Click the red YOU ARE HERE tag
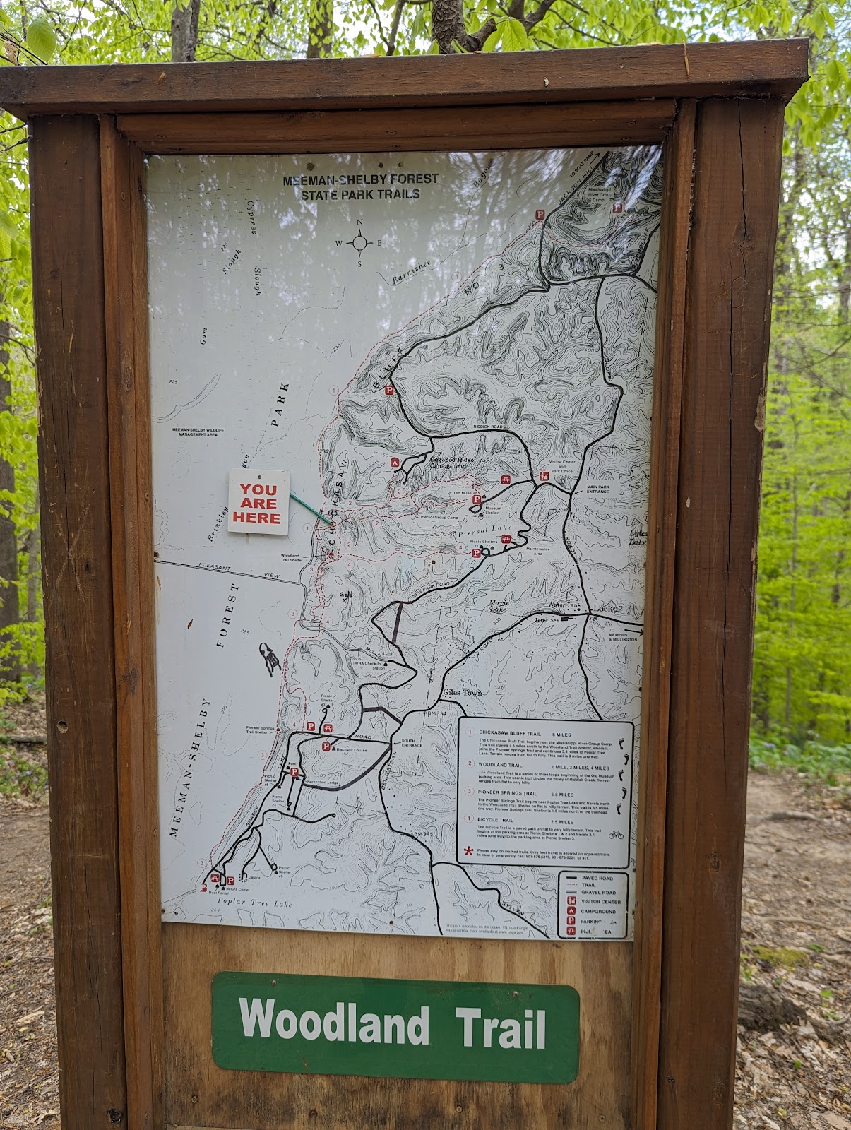click(x=258, y=502)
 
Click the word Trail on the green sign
click(x=501, y=1026)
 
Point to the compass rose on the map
click(x=359, y=244)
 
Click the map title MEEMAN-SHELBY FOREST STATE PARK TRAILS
click(x=360, y=186)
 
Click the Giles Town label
click(x=463, y=692)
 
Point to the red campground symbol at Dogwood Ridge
click(x=395, y=463)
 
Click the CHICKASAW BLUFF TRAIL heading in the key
click(x=510, y=734)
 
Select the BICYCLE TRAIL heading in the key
click(x=496, y=820)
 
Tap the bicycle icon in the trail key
click(x=616, y=834)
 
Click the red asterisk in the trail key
click(x=468, y=852)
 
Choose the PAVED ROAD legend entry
click(x=597, y=878)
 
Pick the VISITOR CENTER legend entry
click(x=600, y=902)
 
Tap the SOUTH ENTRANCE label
click(x=412, y=743)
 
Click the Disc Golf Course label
click(x=351, y=749)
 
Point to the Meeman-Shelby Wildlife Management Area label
click(x=198, y=432)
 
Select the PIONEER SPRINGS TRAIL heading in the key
click(x=507, y=794)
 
